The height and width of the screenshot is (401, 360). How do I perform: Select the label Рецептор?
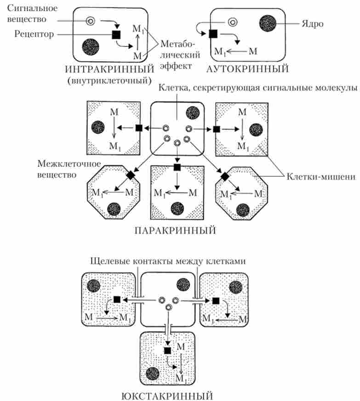pyautogui.click(x=35, y=34)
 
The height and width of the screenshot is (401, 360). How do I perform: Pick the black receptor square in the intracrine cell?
pyautogui.click(x=116, y=34)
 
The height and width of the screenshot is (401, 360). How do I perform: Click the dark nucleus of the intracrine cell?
pyautogui.click(x=91, y=46)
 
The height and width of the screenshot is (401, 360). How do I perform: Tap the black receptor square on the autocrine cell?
pyautogui.click(x=213, y=33)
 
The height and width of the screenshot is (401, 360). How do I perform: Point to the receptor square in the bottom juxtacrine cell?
pyautogui.click(x=168, y=350)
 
